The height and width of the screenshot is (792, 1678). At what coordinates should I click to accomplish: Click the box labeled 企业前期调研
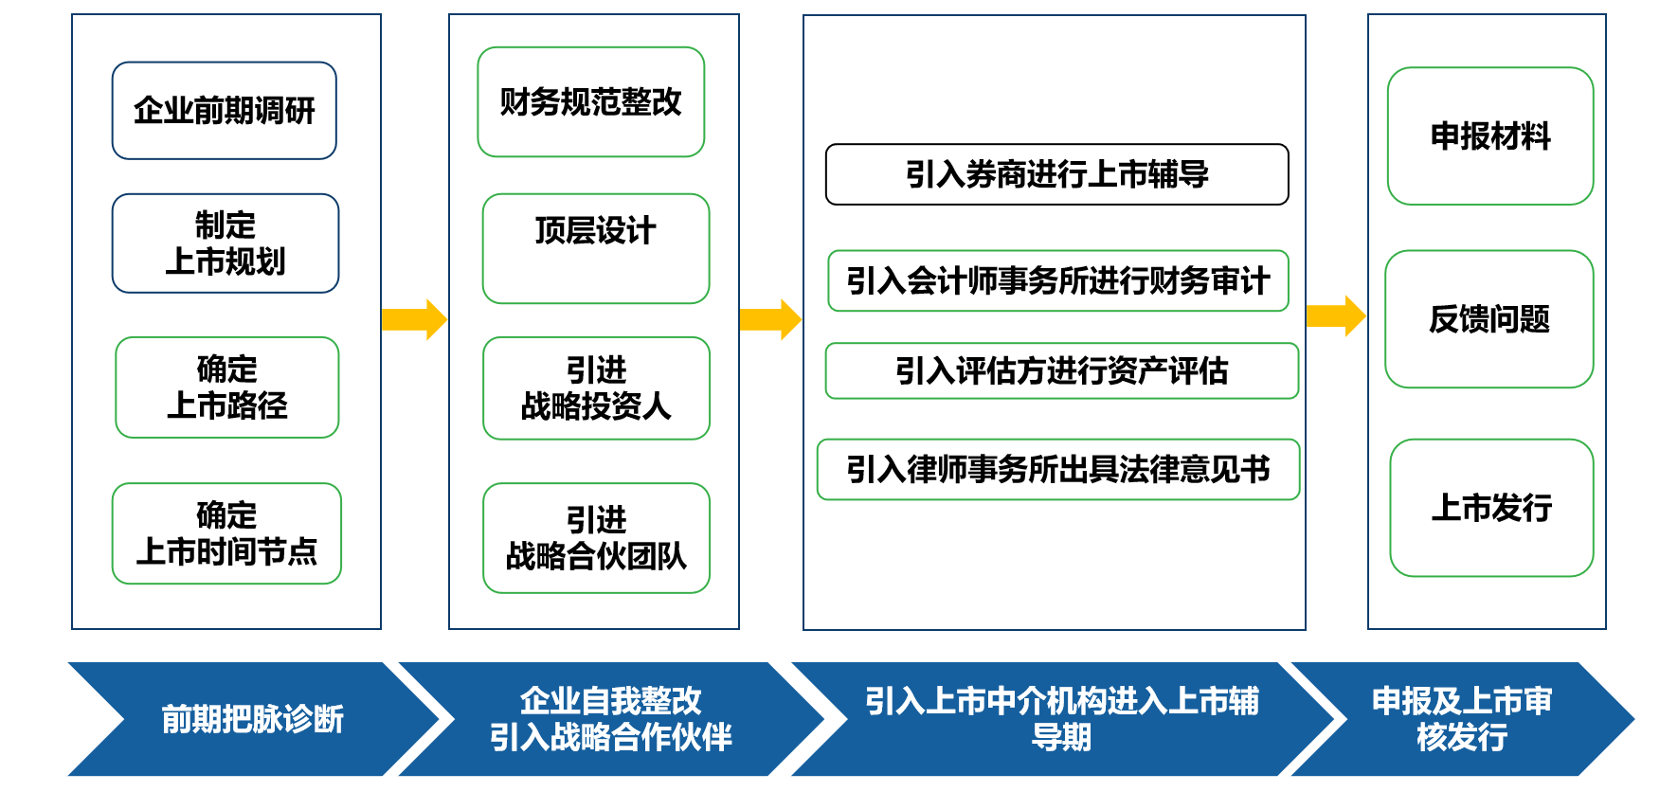tap(225, 111)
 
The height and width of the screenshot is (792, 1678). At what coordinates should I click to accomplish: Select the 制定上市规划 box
tap(226, 243)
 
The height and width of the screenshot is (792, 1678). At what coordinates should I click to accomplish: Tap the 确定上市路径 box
tap(227, 387)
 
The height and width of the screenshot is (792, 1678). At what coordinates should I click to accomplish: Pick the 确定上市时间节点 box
tap(226, 533)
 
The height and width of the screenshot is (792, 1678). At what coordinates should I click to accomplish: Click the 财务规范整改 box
tap(591, 102)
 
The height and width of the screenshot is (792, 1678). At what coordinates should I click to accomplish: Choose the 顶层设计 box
tap(596, 249)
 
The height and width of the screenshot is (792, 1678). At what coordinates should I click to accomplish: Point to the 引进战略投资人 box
tap(596, 388)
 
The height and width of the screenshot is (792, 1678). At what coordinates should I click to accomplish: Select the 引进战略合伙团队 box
tap(596, 538)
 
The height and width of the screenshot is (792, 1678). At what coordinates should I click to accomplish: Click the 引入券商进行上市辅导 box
tap(1057, 174)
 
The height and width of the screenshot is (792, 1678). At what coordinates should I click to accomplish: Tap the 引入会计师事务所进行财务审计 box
tap(1058, 280)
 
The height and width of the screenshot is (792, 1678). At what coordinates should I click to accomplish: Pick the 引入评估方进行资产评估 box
tap(1062, 370)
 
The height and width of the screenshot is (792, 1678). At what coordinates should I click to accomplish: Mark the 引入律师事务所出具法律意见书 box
tap(1058, 469)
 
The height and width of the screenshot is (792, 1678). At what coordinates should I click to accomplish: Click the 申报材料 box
tap(1490, 136)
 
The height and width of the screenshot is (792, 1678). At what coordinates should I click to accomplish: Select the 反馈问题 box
tap(1489, 319)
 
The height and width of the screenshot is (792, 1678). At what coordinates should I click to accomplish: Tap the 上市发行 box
tap(1491, 508)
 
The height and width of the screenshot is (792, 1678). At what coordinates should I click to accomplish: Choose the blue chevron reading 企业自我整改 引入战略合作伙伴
tap(611, 719)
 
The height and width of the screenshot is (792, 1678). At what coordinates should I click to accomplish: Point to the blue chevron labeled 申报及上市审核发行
tap(1462, 719)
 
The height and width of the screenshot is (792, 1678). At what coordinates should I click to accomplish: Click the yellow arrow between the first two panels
tap(414, 319)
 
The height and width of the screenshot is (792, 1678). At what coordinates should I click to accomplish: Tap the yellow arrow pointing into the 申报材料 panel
tap(1336, 315)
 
